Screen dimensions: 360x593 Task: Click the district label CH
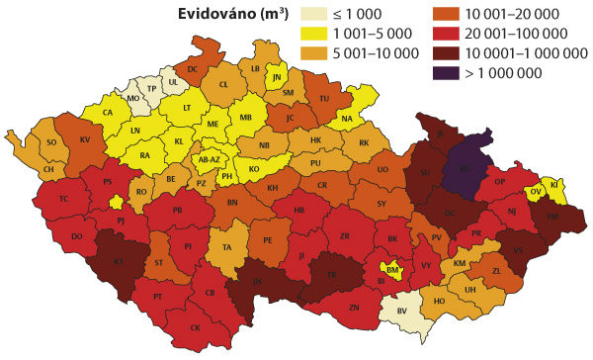47,168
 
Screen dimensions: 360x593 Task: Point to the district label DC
193,68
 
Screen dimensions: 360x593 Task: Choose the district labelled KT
119,262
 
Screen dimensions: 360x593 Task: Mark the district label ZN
354,308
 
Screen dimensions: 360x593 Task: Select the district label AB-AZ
210,159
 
